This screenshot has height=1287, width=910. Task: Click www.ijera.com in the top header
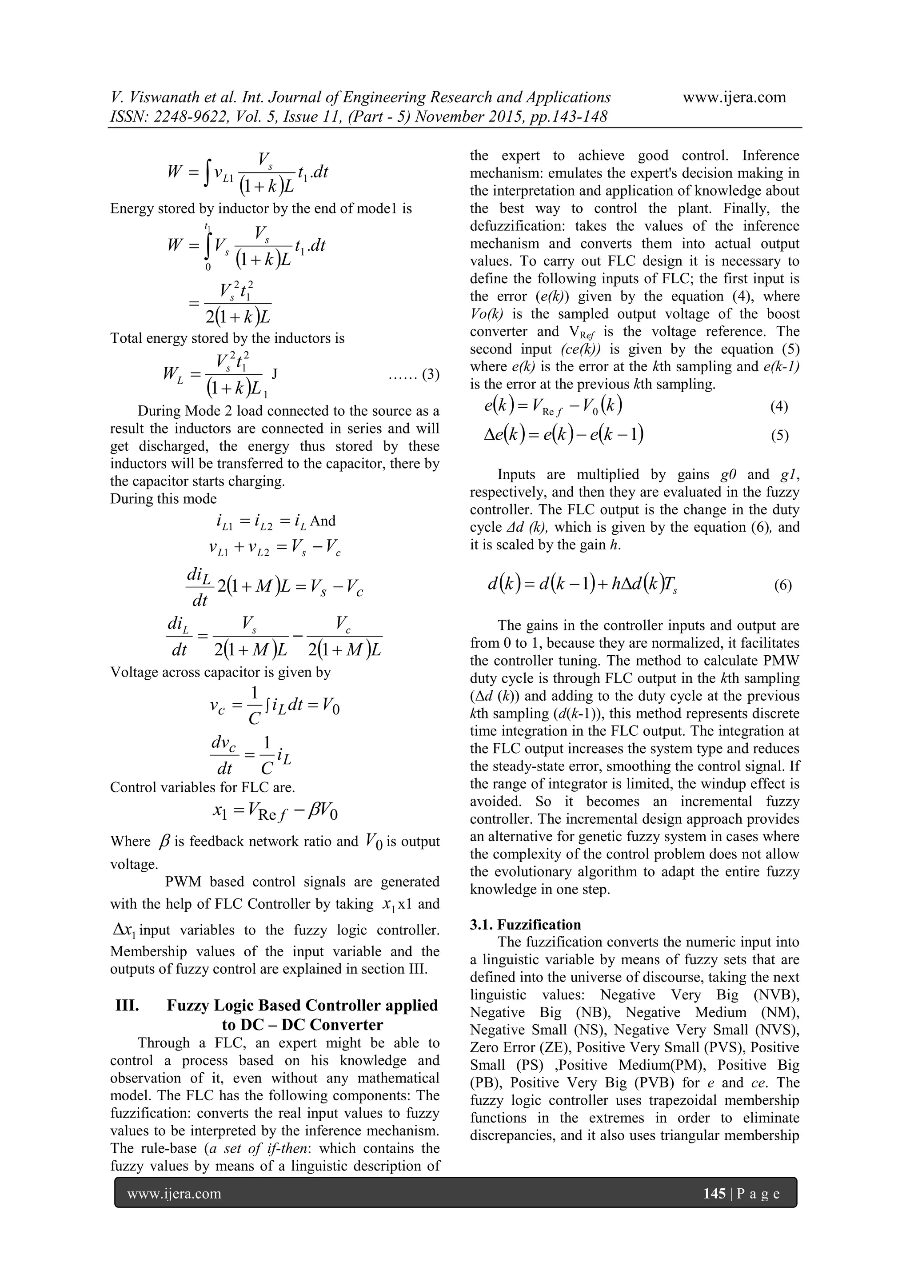pyautogui.click(x=734, y=97)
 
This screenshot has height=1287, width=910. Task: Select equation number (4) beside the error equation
pyautogui.click(x=779, y=406)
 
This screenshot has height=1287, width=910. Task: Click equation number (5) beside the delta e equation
pyautogui.click(x=779, y=436)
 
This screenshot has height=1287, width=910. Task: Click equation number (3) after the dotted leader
pyautogui.click(x=431, y=374)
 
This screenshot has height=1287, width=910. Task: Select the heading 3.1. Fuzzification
pyautogui.click(x=525, y=925)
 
